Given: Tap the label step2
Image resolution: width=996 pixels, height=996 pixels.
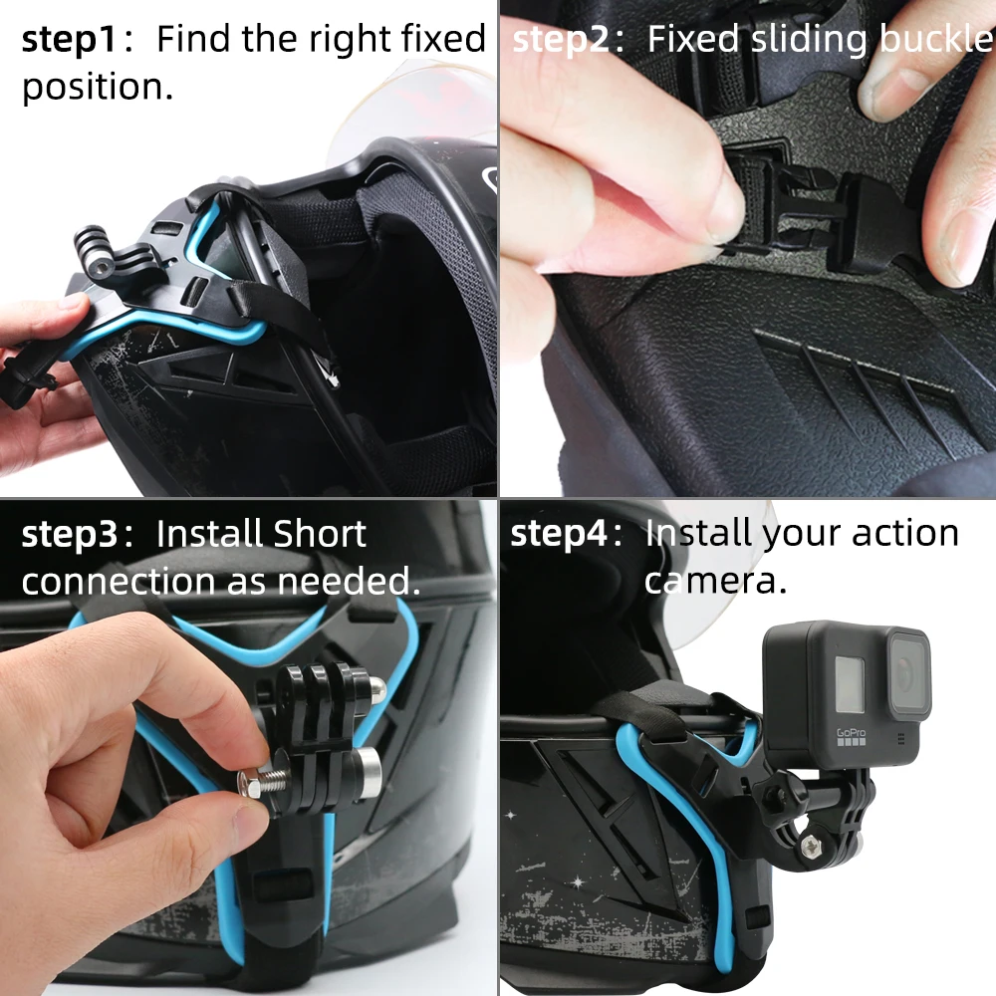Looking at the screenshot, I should pyautogui.click(x=565, y=40).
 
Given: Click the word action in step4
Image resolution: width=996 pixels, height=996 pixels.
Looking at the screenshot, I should pyautogui.click(x=908, y=535).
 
